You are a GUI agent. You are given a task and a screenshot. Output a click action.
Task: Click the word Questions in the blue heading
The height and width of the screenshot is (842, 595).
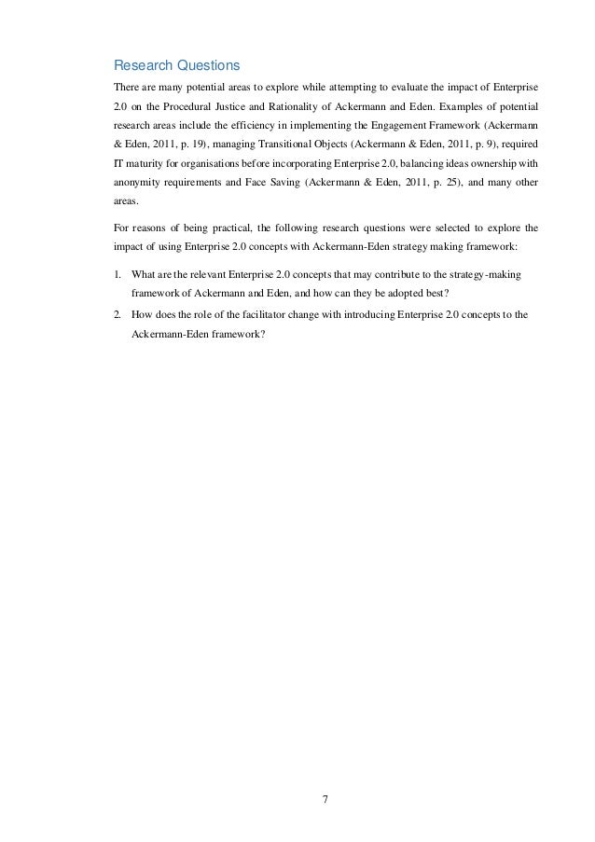pyautogui.click(x=205, y=66)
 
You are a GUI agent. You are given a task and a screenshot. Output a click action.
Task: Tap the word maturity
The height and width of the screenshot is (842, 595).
pyautogui.click(x=145, y=162)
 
